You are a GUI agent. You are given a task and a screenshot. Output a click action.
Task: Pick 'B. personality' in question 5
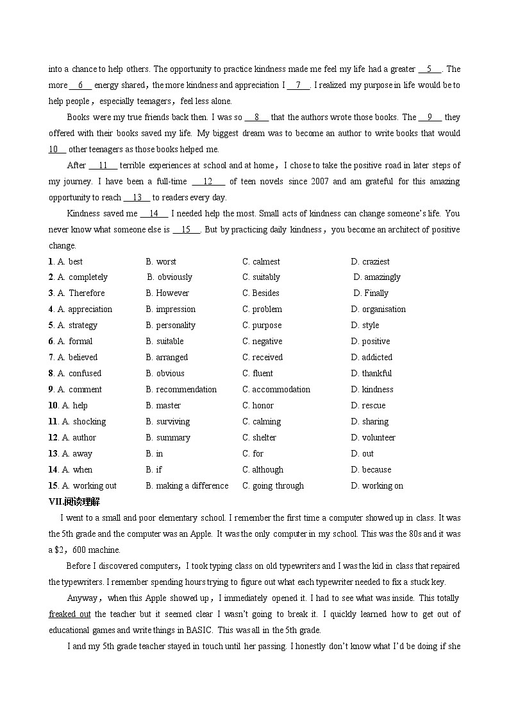pos(171,326)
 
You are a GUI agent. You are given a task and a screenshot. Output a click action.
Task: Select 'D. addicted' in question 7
pos(371,358)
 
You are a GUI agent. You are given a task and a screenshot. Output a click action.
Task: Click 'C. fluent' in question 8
pos(258,374)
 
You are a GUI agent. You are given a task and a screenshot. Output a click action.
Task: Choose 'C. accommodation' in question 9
pos(276,390)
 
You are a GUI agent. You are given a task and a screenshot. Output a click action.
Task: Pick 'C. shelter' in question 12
pos(259,438)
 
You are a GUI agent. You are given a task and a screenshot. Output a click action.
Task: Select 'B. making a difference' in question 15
pos(187,486)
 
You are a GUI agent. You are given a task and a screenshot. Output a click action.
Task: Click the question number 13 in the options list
pos(54,454)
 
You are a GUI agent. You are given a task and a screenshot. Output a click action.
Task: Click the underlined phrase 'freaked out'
pos(69,614)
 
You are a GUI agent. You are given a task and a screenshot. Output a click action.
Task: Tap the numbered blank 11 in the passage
pos(103,166)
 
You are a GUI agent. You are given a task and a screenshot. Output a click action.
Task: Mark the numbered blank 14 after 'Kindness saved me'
pos(154,214)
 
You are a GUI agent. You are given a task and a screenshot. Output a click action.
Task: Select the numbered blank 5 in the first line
pos(430,69)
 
